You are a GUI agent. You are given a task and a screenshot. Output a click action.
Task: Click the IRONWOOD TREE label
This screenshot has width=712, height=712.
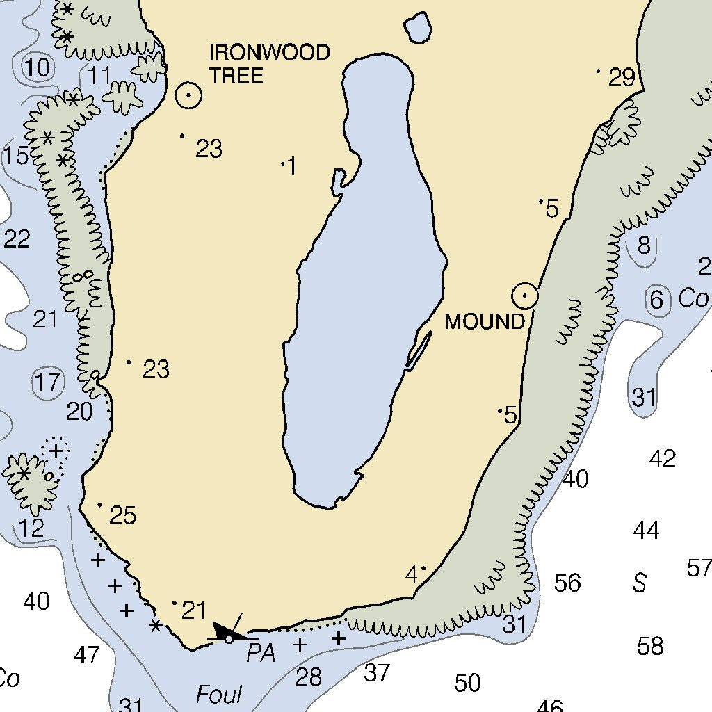coord(270,63)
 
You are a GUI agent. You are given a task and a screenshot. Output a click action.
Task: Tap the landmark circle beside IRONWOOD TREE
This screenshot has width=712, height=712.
coord(188,95)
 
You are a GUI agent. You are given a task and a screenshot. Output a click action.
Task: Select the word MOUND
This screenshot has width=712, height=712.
coord(485,322)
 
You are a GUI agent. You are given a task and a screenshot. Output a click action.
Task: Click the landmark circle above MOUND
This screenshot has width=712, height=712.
coord(525,297)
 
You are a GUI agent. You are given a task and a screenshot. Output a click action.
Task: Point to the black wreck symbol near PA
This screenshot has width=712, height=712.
coord(229,633)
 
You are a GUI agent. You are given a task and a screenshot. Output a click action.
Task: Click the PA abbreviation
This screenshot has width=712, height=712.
coord(261,654)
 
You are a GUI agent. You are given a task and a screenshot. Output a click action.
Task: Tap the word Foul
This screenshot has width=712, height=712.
coord(219,694)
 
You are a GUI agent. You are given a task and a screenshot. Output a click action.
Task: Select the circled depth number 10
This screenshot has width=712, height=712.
coord(38,68)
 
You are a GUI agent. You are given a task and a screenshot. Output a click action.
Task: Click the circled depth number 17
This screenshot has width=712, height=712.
coord(48,382)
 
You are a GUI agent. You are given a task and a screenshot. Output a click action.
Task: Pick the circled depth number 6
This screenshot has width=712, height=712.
coord(656,300)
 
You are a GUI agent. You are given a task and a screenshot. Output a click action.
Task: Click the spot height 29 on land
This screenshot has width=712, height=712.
coord(622,77)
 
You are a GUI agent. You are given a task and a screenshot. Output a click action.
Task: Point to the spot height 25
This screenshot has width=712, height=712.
coord(122,515)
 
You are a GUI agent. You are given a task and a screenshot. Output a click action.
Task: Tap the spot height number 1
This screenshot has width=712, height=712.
coord(291,166)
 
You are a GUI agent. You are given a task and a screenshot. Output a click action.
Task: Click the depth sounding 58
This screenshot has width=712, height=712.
coord(650,646)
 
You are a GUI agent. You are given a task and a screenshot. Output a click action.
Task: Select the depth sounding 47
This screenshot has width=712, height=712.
coord(86,654)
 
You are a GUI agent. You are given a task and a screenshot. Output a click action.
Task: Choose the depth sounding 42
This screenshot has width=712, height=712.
coord(662,459)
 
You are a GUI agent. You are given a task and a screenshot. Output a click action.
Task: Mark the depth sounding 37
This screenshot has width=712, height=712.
coord(377,672)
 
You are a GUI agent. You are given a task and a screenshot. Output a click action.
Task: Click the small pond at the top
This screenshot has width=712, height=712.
coord(417,27)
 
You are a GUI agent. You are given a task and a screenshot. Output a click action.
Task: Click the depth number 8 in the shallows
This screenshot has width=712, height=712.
coord(644,245)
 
